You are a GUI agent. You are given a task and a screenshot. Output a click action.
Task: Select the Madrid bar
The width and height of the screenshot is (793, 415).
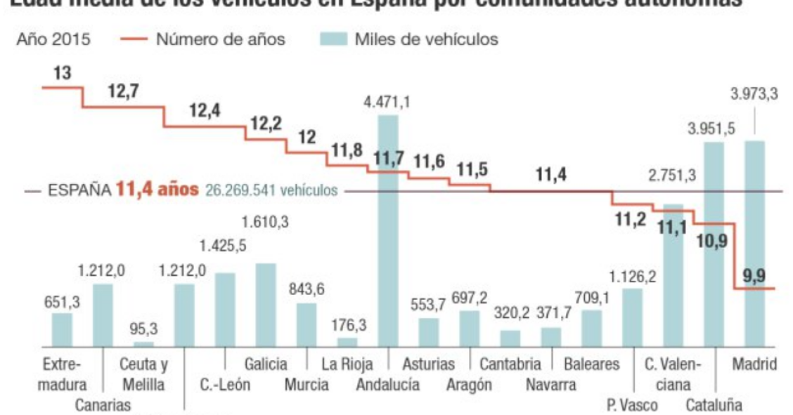[754, 243]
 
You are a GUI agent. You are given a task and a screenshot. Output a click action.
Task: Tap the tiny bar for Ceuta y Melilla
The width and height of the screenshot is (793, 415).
[143, 343]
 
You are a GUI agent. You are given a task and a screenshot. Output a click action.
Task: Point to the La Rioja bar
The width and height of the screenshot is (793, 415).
[347, 341]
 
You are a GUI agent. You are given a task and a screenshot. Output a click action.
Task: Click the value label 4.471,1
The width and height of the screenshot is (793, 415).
[387, 103]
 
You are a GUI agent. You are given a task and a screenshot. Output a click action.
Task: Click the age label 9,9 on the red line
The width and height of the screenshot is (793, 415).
[753, 276]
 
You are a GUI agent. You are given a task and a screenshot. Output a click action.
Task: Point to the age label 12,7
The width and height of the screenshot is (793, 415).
[123, 91]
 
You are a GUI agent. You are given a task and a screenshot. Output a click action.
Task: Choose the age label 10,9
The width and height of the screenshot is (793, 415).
[713, 241]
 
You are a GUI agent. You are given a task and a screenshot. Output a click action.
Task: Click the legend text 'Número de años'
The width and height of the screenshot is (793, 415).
[220, 39]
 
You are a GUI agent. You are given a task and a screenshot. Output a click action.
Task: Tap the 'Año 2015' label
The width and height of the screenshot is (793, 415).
[53, 39]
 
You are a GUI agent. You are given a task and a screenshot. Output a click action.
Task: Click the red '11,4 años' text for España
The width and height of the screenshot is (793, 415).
[157, 190]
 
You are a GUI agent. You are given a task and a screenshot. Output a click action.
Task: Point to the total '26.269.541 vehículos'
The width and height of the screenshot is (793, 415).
[271, 190]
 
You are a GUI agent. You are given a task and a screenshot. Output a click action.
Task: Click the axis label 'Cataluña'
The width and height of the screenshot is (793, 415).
[714, 404]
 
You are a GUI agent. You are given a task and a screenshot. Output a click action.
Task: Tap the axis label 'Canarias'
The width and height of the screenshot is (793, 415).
[103, 404]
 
